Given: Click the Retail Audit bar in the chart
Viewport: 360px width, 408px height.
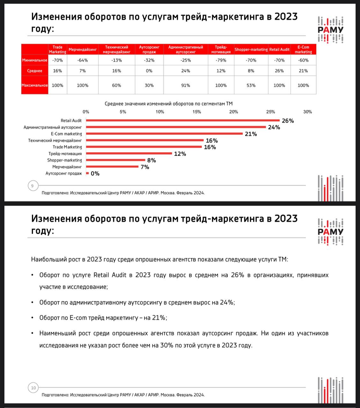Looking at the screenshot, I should coord(183,120).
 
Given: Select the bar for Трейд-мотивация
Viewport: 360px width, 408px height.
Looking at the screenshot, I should coord(129,154).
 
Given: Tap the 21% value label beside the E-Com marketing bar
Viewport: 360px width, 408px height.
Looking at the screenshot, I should coord(251,134).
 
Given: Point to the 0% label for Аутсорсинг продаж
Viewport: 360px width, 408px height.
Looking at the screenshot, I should coord(95,174).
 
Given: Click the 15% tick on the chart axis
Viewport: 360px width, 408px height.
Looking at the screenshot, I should coord(197,112).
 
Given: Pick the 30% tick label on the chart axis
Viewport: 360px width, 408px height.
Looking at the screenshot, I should coord(307,112).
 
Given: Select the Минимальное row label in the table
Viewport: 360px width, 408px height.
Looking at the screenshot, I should coord(35,60).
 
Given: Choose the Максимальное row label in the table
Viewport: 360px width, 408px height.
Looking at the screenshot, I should coord(35,85).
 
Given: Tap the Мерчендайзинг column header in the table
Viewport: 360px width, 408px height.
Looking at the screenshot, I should coord(83,49).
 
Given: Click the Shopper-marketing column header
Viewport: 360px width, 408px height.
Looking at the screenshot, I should coord(251,49).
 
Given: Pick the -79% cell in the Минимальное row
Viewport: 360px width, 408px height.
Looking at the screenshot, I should coord(221,60).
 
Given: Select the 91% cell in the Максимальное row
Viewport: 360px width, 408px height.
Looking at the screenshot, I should coord(186,85).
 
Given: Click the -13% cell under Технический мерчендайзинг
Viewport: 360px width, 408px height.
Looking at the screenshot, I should coord(116,60).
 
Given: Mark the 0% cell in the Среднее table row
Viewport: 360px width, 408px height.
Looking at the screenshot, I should coord(149,71).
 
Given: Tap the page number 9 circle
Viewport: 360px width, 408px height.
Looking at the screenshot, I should coord(33,186).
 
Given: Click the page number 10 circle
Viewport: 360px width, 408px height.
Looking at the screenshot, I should coord(33,388).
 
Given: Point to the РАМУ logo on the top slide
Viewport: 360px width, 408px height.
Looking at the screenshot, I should coord(330,30).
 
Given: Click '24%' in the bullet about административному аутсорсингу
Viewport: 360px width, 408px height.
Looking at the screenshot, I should coord(227,302).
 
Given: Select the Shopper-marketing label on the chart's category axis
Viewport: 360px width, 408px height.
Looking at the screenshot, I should coord(65,160).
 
